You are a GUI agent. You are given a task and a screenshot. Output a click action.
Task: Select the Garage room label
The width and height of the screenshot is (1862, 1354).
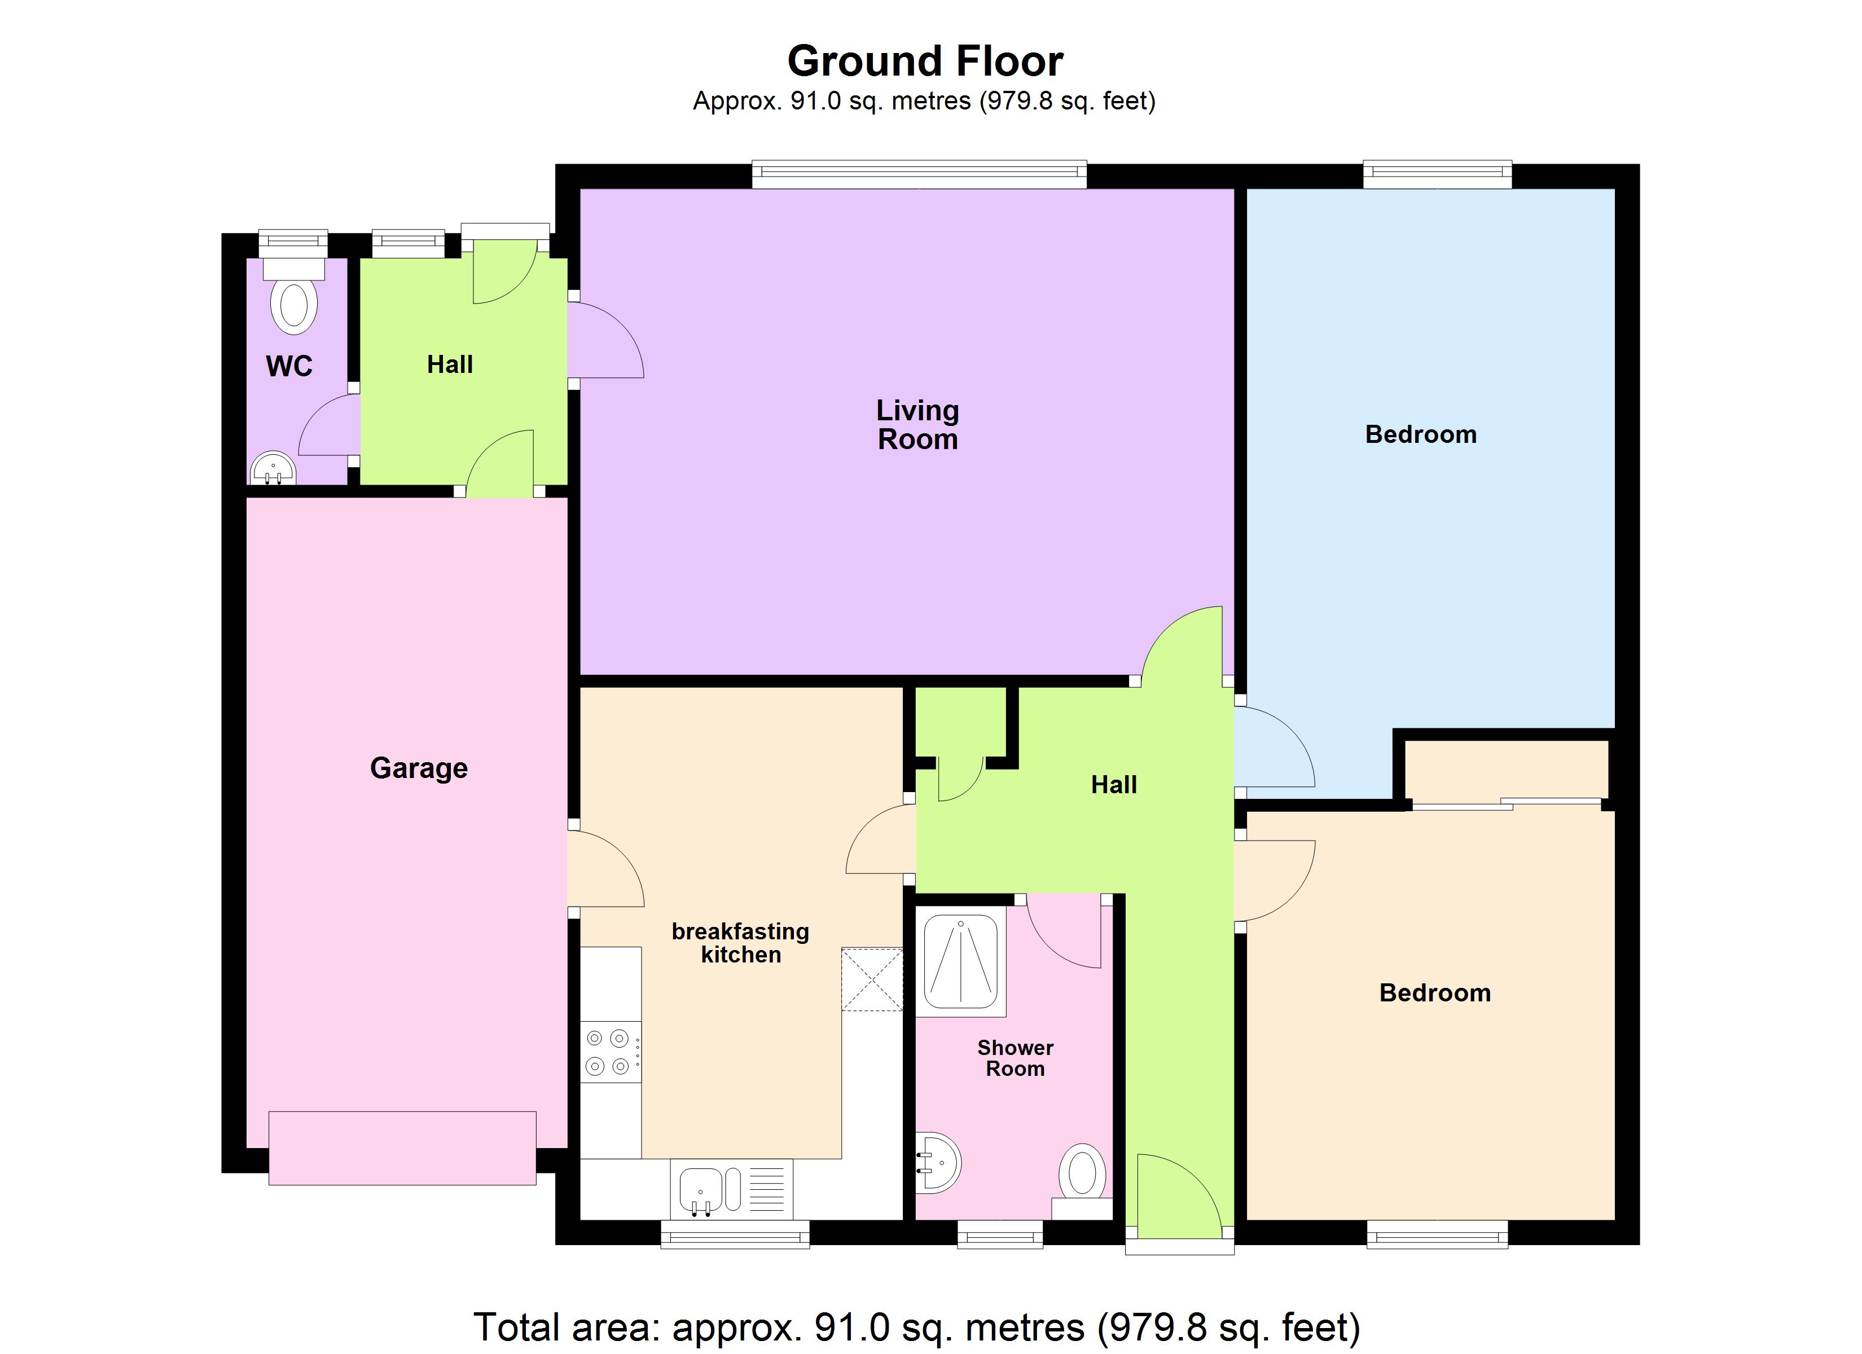(419, 768)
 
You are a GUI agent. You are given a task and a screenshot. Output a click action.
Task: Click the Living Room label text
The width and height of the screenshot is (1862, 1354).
(917, 424)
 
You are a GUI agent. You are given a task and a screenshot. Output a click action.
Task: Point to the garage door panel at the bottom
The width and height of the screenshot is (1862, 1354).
(402, 1148)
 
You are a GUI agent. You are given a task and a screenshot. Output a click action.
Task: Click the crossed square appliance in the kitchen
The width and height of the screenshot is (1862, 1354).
(872, 979)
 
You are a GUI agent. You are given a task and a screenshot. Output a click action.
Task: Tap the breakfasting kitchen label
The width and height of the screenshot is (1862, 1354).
(740, 943)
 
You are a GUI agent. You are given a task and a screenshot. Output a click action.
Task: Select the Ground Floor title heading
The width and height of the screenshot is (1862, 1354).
(925, 61)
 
